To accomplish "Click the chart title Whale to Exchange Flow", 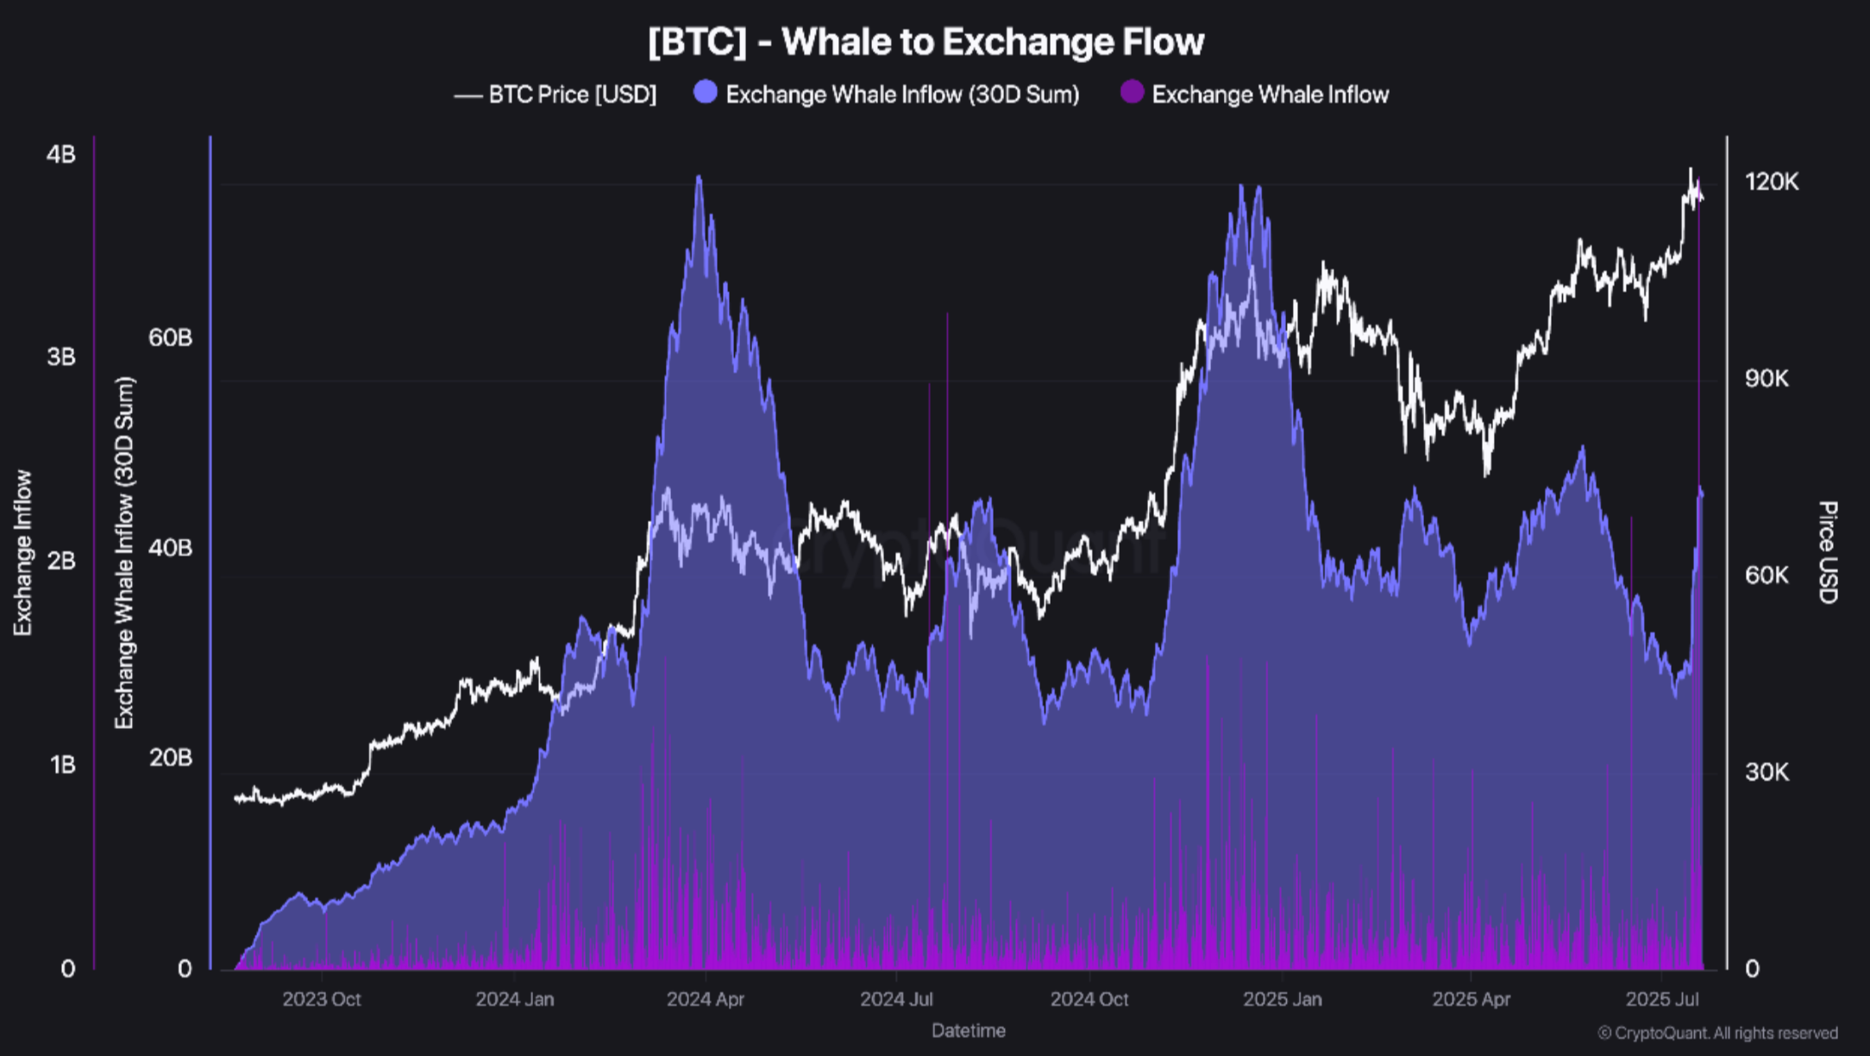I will pos(926,41).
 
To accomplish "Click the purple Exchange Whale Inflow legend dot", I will pos(1132,92).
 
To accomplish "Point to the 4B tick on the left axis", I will pos(60,154).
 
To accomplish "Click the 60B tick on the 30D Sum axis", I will pos(170,337).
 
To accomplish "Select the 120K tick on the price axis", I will pos(1771,182).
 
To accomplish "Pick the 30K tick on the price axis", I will pos(1766,772).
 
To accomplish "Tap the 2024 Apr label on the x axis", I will pos(705,999).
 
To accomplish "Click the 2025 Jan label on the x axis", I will pos(1282,999).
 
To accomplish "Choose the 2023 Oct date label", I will pos(321,999).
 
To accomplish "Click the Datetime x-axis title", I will pos(968,1030).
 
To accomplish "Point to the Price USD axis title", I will pos(1827,552).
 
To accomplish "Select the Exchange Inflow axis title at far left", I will pos(22,552).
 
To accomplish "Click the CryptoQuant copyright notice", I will pos(1716,1033).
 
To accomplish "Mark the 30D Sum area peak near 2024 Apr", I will pos(699,177).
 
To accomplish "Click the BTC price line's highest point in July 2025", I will pos(1690,169).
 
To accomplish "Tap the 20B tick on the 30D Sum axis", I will pos(170,757).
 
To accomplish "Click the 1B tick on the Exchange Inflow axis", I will pos(62,765).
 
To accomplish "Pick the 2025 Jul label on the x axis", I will pos(1662,999).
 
